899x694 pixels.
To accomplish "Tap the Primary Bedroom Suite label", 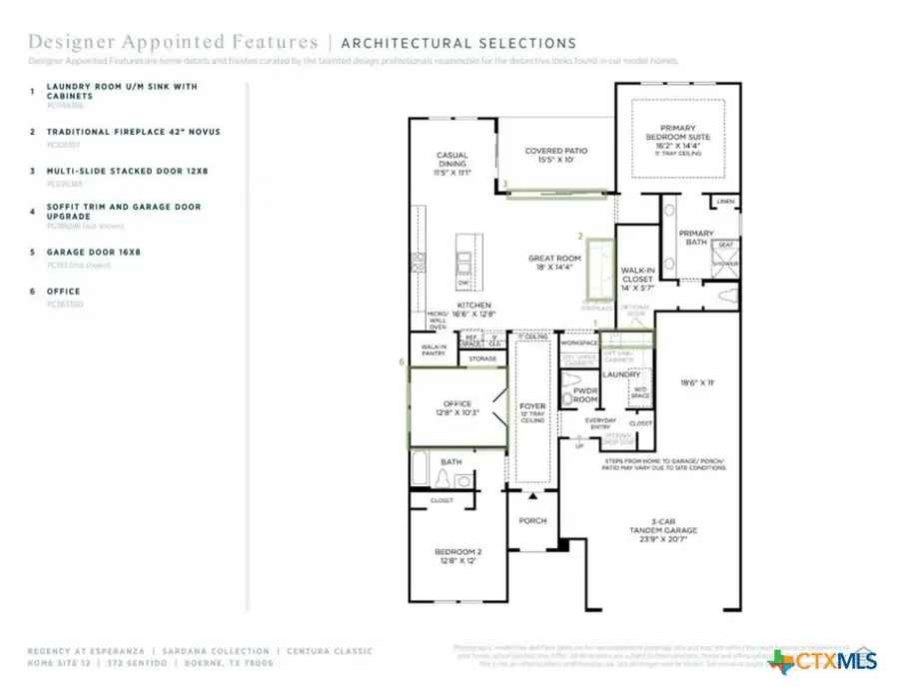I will click(678, 139).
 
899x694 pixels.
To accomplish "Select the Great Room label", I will click(554, 264).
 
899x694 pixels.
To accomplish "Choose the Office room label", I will click(456, 407).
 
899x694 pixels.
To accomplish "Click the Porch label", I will click(533, 521).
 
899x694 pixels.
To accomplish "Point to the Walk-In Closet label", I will click(636, 277).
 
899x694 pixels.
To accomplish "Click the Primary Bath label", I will click(696, 238).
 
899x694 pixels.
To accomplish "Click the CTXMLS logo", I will click(824, 660).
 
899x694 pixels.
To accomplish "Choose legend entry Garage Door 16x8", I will click(94, 253).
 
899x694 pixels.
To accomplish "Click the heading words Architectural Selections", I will click(458, 43).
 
